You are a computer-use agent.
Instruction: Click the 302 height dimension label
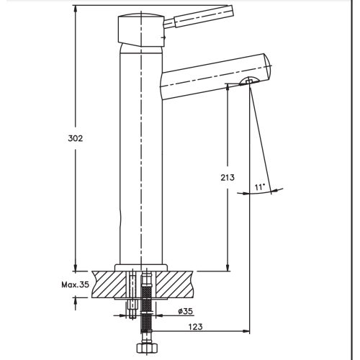click(76, 138)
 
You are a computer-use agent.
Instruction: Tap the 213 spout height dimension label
click(228, 178)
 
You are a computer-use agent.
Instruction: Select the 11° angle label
click(260, 186)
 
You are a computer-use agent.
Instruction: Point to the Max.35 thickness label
click(75, 284)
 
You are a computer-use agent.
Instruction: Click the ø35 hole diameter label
click(186, 311)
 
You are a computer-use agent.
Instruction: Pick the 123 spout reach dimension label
click(195, 327)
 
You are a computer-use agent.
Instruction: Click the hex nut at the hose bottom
click(146, 348)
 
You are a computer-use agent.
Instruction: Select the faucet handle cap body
click(141, 30)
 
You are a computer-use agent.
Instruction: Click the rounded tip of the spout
click(267, 67)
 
